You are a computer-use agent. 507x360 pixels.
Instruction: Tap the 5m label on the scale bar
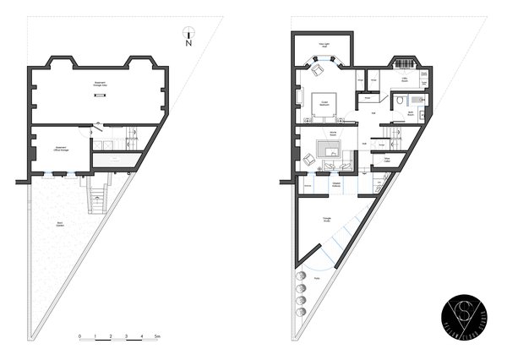click(x=158, y=336)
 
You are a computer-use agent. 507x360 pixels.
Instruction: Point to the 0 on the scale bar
click(x=79, y=336)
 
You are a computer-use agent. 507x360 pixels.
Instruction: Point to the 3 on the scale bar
click(x=126, y=336)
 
